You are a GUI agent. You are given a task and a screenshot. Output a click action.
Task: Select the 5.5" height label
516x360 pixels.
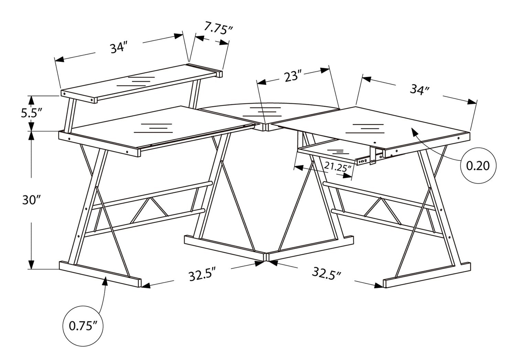click(x=32, y=113)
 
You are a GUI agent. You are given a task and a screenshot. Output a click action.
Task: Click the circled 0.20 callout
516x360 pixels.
click(x=478, y=166)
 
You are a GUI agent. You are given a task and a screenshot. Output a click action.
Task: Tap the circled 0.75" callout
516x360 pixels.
click(x=83, y=326)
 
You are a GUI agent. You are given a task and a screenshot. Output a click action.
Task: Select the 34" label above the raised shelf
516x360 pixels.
click(x=119, y=47)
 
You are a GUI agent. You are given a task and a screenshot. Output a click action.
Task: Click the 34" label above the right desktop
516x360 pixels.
click(x=420, y=89)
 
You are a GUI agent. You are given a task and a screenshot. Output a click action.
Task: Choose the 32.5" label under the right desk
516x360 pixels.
click(x=326, y=273)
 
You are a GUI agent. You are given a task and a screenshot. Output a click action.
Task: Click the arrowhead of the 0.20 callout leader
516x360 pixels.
click(x=415, y=132)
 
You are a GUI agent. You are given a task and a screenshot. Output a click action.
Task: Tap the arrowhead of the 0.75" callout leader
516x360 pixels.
click(x=105, y=281)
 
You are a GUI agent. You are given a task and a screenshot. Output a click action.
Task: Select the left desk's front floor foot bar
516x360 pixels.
click(x=100, y=274)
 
